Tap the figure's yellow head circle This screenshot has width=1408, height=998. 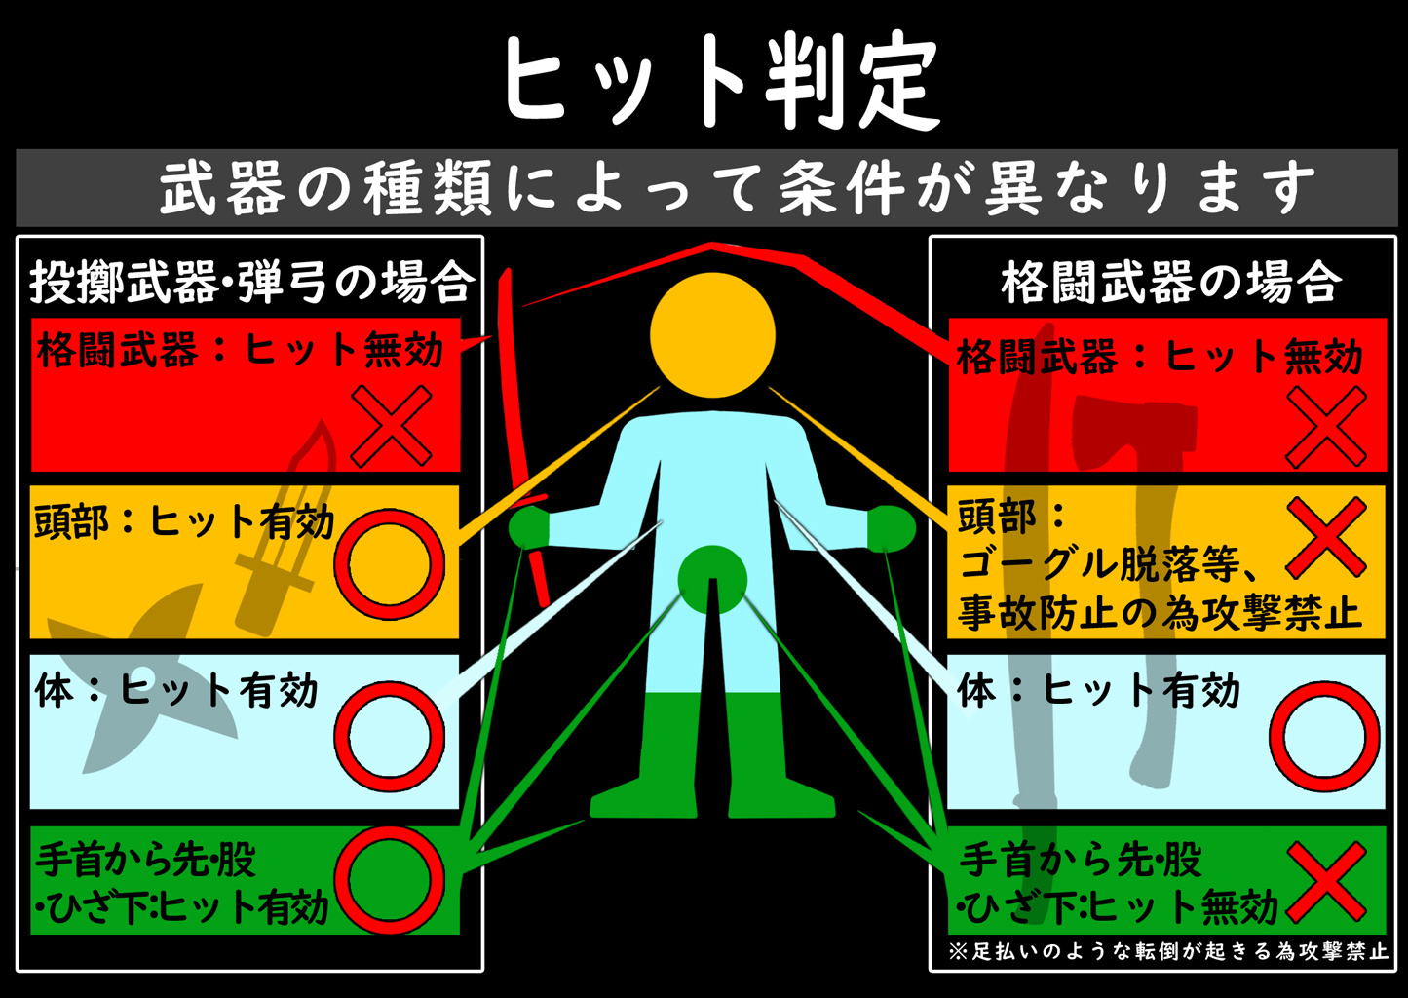(x=712, y=335)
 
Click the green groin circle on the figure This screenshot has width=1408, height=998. (x=712, y=580)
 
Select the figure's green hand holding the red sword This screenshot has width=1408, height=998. (x=529, y=526)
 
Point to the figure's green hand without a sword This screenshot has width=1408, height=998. (x=892, y=528)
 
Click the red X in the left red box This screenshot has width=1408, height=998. (x=391, y=426)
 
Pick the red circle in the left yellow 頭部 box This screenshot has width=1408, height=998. (x=389, y=564)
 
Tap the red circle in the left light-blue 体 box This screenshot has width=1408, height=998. (x=389, y=737)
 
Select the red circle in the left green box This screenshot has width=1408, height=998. (x=389, y=880)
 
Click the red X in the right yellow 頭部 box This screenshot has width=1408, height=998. (x=1326, y=538)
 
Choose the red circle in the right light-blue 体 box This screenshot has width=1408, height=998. (x=1324, y=737)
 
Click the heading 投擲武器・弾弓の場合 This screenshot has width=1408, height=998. (x=250, y=282)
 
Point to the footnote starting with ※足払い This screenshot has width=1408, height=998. (x=1168, y=951)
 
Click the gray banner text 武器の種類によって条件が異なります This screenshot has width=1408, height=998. (x=737, y=187)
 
